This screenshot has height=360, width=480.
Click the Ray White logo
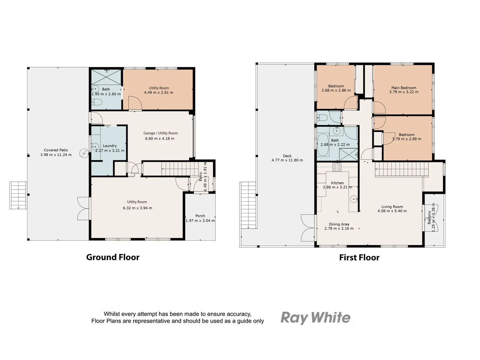[315, 318]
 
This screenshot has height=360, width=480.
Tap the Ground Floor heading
[113, 257]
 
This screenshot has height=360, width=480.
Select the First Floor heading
[359, 257]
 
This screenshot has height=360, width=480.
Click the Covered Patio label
[56, 150]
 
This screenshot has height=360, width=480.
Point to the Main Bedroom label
[404, 88]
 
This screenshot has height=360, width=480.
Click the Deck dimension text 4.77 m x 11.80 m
[287, 160]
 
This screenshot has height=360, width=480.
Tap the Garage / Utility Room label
[161, 133]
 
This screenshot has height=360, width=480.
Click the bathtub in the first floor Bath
[323, 145]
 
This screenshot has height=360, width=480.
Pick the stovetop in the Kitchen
[337, 167]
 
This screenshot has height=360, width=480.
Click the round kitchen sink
[353, 199]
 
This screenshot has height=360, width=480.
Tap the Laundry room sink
[95, 146]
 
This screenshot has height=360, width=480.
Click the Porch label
[200, 216]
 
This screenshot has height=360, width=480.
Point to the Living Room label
[392, 207]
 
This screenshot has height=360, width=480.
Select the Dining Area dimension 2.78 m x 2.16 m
[339, 229]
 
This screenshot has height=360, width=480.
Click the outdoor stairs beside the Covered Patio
[18, 195]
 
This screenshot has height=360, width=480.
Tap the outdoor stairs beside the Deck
[248, 205]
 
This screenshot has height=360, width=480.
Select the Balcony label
[429, 217]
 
